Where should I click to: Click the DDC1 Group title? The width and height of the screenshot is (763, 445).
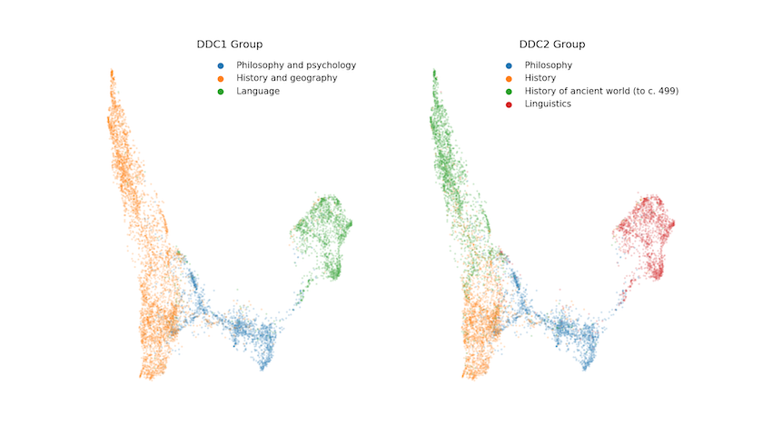(x=231, y=44)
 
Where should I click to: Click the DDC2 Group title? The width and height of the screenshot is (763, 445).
(x=551, y=44)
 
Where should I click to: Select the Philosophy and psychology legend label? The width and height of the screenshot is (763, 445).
(x=296, y=65)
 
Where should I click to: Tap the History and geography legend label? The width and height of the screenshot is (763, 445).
(x=286, y=78)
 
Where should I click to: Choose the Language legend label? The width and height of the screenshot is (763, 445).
(x=258, y=91)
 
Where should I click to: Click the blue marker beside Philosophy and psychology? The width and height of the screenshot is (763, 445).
(x=221, y=65)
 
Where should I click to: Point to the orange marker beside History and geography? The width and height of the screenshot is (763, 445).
(x=221, y=78)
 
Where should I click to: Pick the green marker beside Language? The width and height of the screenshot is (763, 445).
(x=221, y=91)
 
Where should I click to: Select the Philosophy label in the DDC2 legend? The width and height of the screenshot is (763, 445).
(x=549, y=65)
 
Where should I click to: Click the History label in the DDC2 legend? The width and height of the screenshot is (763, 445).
(x=540, y=78)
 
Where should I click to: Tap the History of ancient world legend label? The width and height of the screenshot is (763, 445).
(x=601, y=91)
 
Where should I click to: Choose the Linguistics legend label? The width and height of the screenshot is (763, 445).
(x=548, y=104)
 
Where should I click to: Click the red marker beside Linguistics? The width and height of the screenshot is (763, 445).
(x=509, y=104)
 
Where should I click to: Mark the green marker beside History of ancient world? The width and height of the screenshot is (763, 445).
(x=509, y=91)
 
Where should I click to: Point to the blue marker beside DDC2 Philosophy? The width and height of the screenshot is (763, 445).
(x=509, y=65)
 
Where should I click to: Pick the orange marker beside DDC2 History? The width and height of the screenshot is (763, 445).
(x=509, y=78)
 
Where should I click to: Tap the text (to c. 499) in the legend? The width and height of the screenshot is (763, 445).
(x=653, y=91)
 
